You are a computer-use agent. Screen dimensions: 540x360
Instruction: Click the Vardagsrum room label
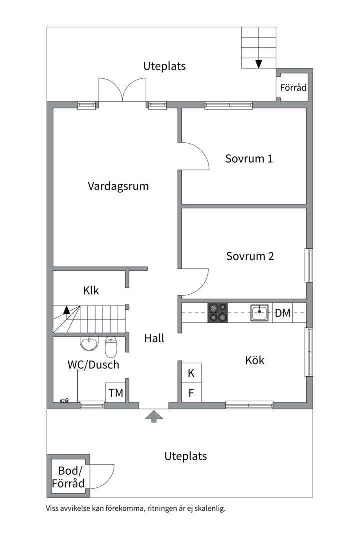click(118, 186)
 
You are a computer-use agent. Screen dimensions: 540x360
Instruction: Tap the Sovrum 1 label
click(249, 159)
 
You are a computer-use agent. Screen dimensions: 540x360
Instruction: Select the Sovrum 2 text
click(250, 256)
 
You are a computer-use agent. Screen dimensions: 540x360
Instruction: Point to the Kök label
click(255, 360)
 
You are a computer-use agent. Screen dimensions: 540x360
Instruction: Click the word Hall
click(154, 338)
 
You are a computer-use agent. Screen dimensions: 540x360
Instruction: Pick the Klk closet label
click(91, 290)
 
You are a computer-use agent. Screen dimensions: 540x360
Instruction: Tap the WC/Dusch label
click(93, 365)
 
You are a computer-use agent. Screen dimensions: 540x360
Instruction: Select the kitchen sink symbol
click(260, 313)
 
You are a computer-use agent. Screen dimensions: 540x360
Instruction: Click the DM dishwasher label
click(283, 313)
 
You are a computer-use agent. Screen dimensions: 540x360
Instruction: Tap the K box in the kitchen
click(191, 373)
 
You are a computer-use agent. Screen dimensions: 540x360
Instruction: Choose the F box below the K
click(191, 393)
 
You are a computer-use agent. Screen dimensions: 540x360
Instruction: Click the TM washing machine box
click(116, 393)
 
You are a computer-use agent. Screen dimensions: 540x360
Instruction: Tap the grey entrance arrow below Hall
click(154, 416)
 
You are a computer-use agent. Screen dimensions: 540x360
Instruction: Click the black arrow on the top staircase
click(259, 63)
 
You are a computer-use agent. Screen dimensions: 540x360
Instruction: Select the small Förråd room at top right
click(293, 88)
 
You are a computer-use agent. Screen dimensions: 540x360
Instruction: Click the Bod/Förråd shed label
click(68, 477)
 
